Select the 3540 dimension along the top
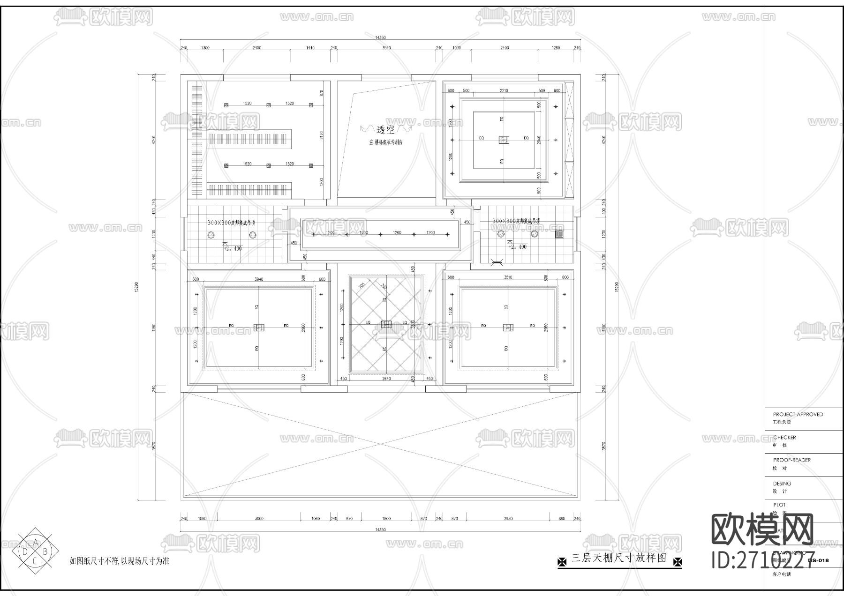[x=386, y=48]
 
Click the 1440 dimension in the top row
[x=310, y=48]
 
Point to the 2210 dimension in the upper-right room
[x=504, y=90]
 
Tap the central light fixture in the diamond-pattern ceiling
[x=386, y=324]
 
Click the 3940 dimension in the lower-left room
[x=258, y=279]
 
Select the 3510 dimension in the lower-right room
[x=508, y=277]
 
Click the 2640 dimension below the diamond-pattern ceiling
[x=386, y=379]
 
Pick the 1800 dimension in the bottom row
[x=386, y=519]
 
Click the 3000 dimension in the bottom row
[x=259, y=519]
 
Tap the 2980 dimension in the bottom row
[x=508, y=519]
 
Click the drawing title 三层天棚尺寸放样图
[x=619, y=559]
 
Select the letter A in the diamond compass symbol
[x=35, y=543]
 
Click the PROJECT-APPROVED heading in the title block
[x=798, y=414]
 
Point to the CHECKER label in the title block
[x=784, y=437]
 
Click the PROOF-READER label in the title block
[x=791, y=460]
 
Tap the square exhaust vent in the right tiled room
[x=559, y=233]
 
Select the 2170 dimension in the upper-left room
[x=322, y=135]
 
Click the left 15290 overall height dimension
[x=136, y=287]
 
